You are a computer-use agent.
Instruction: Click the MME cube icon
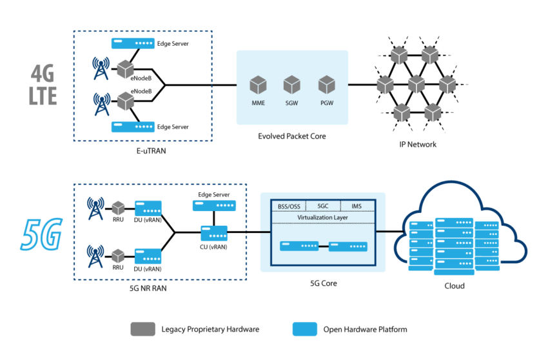pyautogui.click(x=259, y=84)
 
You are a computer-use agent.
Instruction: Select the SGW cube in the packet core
pyautogui.click(x=292, y=84)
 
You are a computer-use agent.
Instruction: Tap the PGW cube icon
pyautogui.click(x=326, y=84)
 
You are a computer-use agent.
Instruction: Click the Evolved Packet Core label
pyautogui.click(x=292, y=136)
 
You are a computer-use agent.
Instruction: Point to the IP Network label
pyautogui.click(x=417, y=144)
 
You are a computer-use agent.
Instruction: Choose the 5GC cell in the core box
pyautogui.click(x=324, y=206)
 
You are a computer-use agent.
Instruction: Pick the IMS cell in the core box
pyautogui.click(x=357, y=206)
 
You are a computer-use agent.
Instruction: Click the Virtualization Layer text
pyautogui.click(x=322, y=218)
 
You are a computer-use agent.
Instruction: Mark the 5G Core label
pyautogui.click(x=322, y=283)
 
